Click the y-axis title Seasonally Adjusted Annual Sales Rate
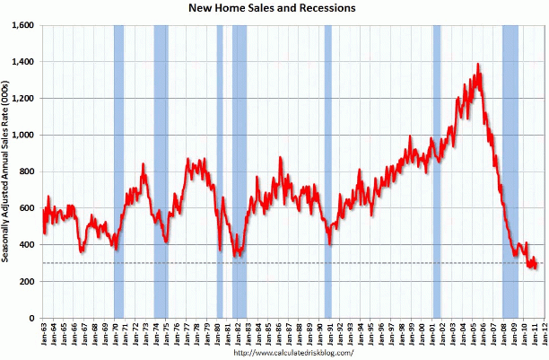(x=7, y=171)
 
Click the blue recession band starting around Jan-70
(x=118, y=171)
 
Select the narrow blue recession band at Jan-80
(x=220, y=171)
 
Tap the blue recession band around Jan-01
(x=437, y=171)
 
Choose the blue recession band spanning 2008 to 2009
(x=510, y=171)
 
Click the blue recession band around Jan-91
(x=327, y=171)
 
